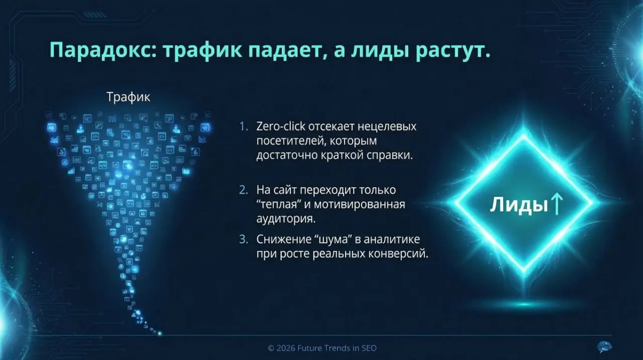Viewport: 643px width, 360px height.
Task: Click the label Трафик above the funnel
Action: (x=128, y=97)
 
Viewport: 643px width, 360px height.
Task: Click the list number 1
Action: (x=244, y=127)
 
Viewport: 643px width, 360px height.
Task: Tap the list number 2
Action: (x=244, y=191)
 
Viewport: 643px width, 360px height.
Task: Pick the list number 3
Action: (x=244, y=239)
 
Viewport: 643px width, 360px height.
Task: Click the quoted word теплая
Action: (x=277, y=205)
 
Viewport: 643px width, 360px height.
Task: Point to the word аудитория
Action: (x=286, y=219)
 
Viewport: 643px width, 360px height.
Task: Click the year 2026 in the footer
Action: (x=287, y=347)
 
